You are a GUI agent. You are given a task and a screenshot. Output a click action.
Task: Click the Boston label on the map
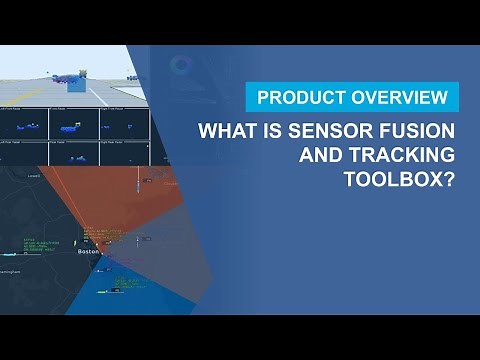(89, 252)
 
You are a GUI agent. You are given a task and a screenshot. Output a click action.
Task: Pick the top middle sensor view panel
(74, 124)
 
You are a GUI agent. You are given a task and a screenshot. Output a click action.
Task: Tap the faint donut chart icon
(181, 66)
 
